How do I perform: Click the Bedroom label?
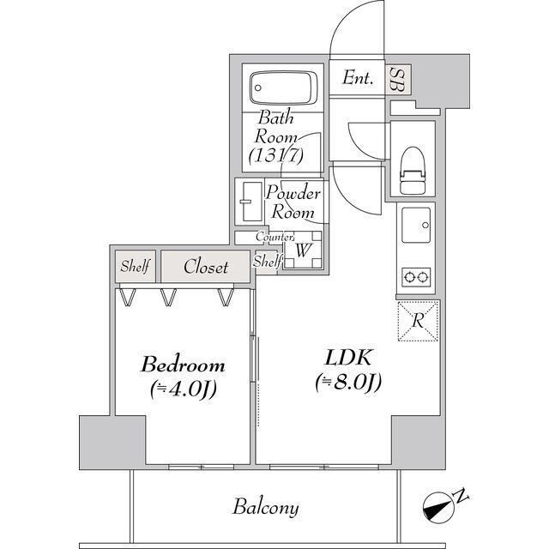pos(183,365)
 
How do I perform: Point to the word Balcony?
pos(266,508)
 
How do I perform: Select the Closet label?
pos(207,267)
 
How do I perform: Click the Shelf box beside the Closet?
pos(135,267)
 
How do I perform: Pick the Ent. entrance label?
pos(358,79)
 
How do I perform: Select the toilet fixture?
pos(413,171)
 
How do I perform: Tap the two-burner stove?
pos(416,277)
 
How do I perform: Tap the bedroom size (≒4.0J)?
pos(183,389)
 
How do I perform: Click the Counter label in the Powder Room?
pos(276,236)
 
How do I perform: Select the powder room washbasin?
pos(249,202)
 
